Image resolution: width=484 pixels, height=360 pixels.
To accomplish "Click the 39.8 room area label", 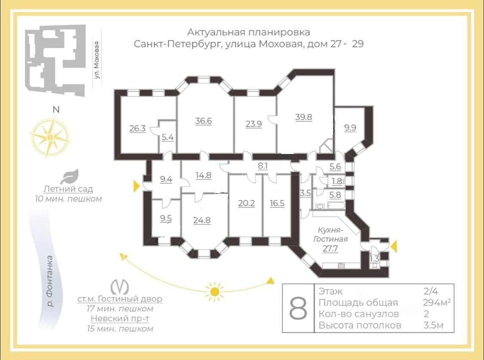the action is (x=304, y=117).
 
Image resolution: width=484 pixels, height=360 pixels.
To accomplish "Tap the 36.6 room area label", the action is (x=203, y=121).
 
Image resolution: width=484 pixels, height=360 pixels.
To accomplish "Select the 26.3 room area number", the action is (x=137, y=128).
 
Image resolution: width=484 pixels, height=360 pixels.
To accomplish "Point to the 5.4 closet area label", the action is (x=168, y=137).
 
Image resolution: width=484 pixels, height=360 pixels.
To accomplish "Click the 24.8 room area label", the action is (x=202, y=220).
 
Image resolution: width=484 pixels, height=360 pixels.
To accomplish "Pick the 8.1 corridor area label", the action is (x=263, y=166).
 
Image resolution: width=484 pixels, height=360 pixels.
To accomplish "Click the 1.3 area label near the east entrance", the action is (x=374, y=259).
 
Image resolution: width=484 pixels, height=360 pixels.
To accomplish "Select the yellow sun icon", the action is (x=215, y=291).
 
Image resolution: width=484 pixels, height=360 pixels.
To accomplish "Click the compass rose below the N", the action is (x=50, y=137).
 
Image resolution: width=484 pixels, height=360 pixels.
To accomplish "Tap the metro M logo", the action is (x=120, y=287).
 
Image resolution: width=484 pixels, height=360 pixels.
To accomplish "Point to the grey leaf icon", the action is (x=69, y=176).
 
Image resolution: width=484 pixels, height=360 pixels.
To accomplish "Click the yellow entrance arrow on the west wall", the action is (x=136, y=186).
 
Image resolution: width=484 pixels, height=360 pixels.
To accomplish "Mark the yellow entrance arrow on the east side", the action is (x=393, y=246).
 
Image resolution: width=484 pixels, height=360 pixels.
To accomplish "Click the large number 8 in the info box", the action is (x=298, y=308).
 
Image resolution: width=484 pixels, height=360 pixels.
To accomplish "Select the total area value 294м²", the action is (x=437, y=303).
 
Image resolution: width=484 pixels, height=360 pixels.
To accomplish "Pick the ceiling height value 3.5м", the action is (x=433, y=325).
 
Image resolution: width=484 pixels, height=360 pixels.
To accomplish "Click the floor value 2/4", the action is (x=431, y=291).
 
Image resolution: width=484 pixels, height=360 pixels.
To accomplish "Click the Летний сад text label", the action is (x=68, y=189).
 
